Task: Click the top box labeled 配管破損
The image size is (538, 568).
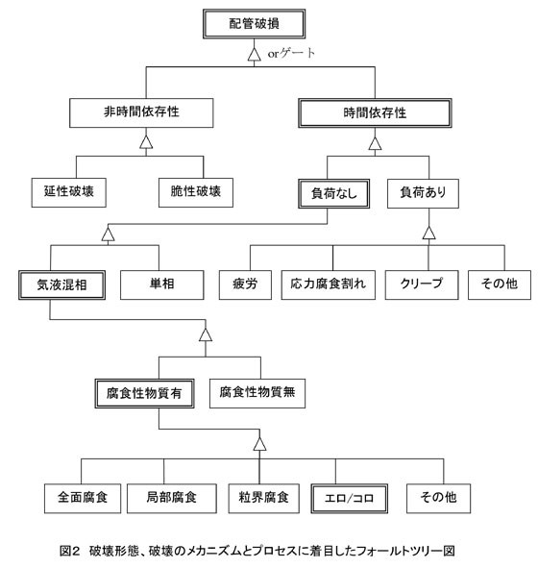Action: pos(254,24)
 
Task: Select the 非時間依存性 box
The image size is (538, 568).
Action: pos(141,112)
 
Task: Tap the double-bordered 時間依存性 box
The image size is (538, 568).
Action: pos(375,113)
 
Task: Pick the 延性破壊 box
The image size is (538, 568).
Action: pos(69,192)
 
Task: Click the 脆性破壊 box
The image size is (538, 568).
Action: pos(196,192)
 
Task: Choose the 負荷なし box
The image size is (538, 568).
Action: pos(333,193)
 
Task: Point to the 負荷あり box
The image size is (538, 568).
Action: pos(423,193)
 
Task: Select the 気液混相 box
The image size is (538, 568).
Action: pos(61,285)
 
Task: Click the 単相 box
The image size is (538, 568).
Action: pos(161,284)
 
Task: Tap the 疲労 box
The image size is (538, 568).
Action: pos(245,284)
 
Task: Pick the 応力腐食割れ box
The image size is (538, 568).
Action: pos(328,284)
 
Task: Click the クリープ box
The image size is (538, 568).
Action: pos(422,284)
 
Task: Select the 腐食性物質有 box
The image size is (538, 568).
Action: pos(144,394)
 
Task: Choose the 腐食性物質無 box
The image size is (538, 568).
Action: pos(257,393)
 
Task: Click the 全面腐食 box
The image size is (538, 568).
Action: pos(83,499)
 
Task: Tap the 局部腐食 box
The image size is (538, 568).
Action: pos(172,499)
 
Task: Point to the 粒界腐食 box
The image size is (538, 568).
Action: pos(263,499)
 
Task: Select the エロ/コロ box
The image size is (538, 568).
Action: pos(349,499)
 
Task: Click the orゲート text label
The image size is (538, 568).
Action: pos(291,54)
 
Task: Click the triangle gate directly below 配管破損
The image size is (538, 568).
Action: pos(255,55)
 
